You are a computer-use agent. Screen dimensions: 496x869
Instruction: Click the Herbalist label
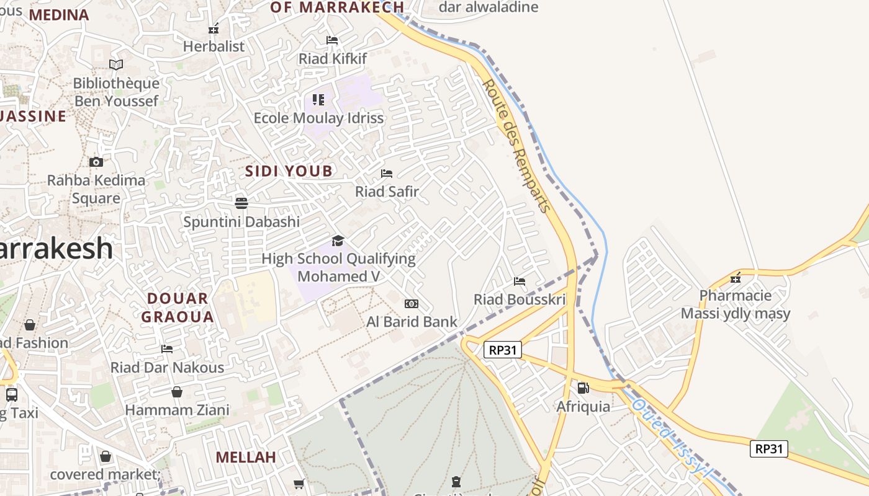click(x=214, y=46)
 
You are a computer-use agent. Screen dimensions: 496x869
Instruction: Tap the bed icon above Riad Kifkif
click(x=332, y=40)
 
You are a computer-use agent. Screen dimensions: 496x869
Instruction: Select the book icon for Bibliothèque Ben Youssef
click(x=116, y=64)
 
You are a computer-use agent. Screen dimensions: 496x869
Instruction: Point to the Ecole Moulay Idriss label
click(x=318, y=118)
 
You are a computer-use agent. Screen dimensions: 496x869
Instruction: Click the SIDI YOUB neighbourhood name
click(x=289, y=171)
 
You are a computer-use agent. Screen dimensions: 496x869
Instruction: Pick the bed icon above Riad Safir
click(x=387, y=173)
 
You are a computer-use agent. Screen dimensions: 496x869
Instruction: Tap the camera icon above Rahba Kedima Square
click(x=96, y=162)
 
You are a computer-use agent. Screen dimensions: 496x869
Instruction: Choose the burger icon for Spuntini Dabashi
click(x=241, y=203)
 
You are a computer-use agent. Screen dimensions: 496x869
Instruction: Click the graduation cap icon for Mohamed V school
click(x=338, y=241)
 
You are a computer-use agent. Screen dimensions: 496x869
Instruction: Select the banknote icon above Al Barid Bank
click(x=411, y=304)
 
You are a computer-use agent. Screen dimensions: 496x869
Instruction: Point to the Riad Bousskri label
click(x=520, y=300)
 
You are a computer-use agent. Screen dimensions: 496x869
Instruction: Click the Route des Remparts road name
click(x=516, y=145)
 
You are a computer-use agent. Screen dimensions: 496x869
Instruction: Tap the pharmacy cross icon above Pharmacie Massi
click(x=736, y=277)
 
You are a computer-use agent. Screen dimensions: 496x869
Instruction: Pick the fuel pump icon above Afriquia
click(x=583, y=388)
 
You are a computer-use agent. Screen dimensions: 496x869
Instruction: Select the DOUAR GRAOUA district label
click(x=177, y=308)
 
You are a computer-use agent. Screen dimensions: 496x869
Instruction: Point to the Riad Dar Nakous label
click(x=167, y=368)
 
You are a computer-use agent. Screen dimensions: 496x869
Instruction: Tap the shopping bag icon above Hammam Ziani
click(x=177, y=392)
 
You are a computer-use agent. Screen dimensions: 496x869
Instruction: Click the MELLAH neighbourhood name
click(x=245, y=458)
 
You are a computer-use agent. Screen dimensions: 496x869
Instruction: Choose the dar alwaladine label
click(x=488, y=7)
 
